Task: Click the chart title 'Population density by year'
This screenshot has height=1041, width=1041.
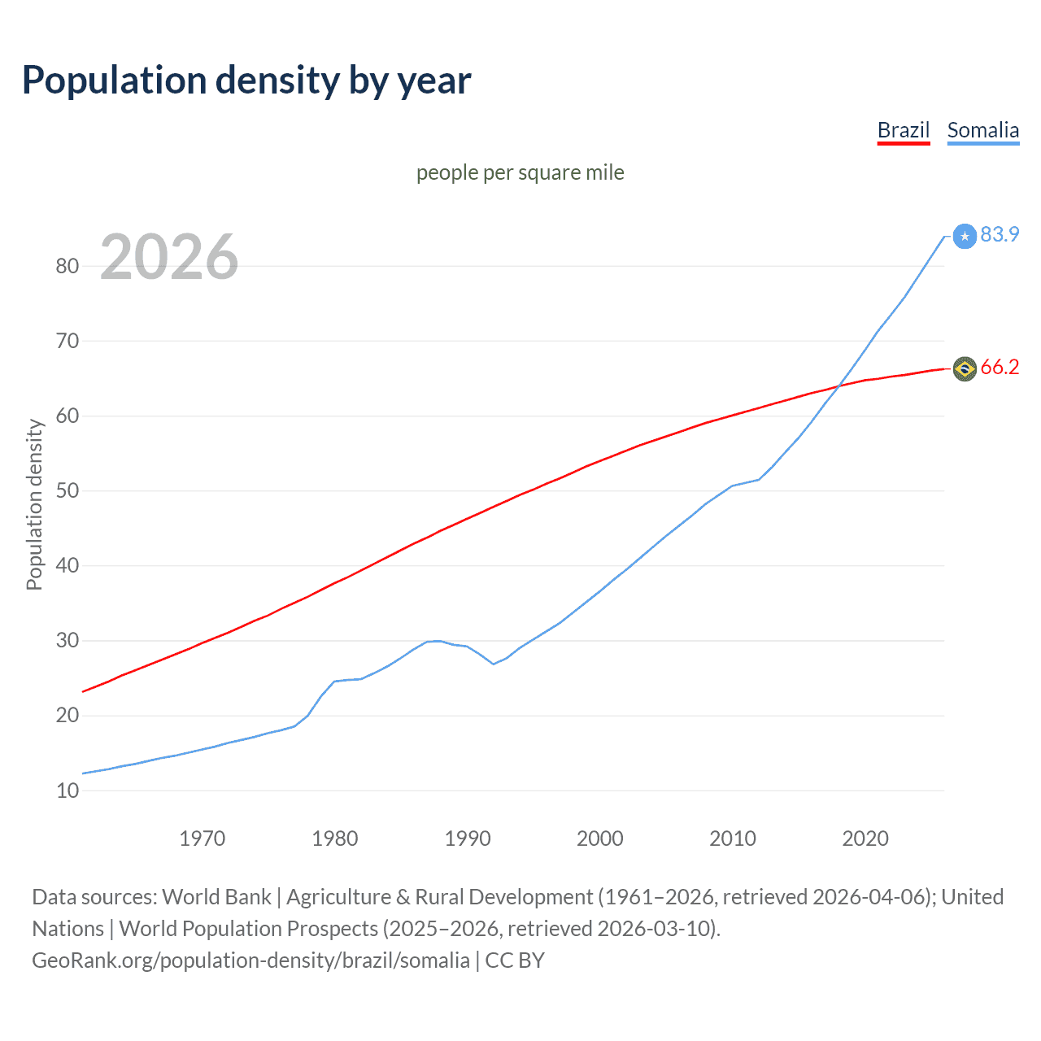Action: [x=246, y=81]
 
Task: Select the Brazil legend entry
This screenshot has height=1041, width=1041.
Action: [x=903, y=130]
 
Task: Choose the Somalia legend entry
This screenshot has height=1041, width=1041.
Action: [x=982, y=130]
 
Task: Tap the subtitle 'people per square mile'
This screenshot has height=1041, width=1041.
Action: [x=520, y=172]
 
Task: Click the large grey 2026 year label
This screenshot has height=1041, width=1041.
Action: [x=169, y=257]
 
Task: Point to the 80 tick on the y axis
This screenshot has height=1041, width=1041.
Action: [x=68, y=266]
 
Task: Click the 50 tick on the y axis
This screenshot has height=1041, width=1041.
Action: [x=68, y=490]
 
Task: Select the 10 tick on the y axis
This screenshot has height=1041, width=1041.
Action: [x=68, y=791]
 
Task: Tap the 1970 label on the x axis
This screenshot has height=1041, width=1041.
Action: [x=202, y=838]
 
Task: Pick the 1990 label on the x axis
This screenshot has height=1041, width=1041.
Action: [x=468, y=838]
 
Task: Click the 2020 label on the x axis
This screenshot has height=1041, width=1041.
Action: [x=865, y=838]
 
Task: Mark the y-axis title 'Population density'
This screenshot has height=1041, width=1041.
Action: [x=34, y=504]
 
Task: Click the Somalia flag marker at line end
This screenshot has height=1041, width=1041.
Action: [x=965, y=236]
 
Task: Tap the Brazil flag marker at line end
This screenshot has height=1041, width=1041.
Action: [x=965, y=369]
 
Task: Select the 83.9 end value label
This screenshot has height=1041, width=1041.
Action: [x=1000, y=234]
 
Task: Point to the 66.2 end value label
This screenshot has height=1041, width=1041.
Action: [x=1000, y=368]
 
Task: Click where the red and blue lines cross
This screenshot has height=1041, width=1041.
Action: [x=839, y=385]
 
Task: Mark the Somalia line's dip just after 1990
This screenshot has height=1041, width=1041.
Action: [x=494, y=664]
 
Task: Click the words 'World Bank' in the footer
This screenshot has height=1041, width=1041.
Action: [x=216, y=897]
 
